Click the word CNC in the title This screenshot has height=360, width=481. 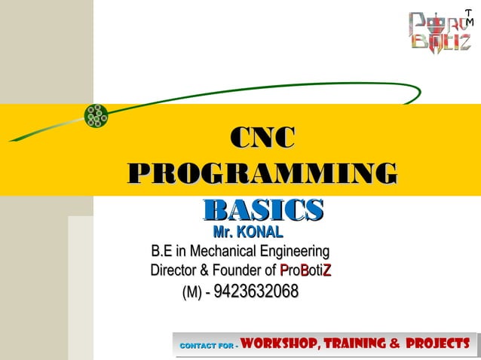point(262,139)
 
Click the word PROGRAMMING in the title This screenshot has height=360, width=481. point(262,172)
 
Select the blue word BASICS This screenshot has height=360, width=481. point(263,209)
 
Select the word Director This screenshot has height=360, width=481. point(176,270)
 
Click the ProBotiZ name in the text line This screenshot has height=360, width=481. point(306,270)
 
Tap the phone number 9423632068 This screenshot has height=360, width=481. point(256,291)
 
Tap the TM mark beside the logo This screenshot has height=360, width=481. point(469,17)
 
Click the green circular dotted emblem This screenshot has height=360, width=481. point(96,114)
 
